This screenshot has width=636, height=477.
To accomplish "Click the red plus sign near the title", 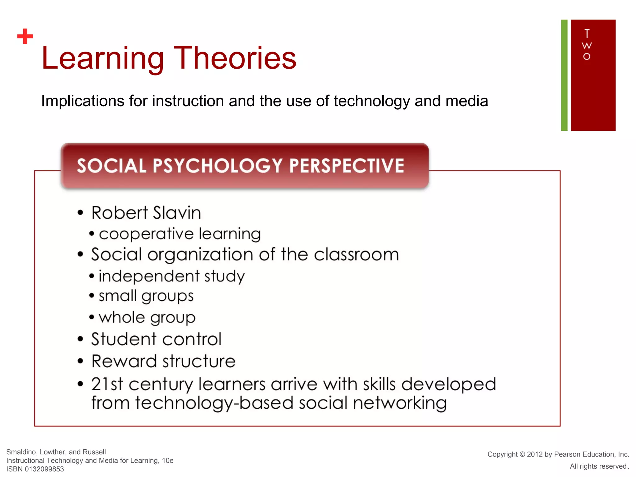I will (25, 37).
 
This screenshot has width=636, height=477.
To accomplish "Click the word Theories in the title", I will (235, 58).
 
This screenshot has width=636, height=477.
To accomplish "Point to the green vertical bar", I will (564, 75).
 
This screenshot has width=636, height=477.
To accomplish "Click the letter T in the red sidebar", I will (587, 33).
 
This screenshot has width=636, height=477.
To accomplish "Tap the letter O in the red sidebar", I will (587, 57).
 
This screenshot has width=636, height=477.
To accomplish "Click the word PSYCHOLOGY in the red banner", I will (217, 166).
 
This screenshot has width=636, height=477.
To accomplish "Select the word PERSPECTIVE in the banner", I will (347, 166).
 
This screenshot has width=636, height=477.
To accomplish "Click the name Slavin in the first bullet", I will (177, 213).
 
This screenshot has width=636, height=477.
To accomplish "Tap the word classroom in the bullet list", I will (356, 255).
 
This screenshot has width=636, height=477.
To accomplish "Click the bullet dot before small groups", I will (92, 296).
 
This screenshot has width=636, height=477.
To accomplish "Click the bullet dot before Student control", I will (80, 339).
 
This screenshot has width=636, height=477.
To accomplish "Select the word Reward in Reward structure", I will (124, 361).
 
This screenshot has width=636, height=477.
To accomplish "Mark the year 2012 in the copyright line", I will (535, 454).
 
